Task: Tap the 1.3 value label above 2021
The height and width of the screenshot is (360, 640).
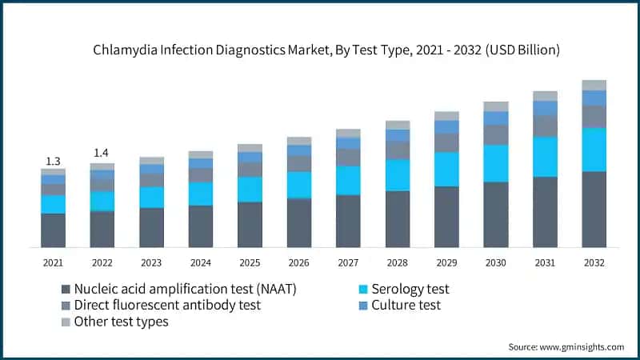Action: [x=53, y=162]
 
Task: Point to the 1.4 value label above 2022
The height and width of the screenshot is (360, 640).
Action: [x=102, y=153]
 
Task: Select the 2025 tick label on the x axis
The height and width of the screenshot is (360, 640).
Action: [x=250, y=262]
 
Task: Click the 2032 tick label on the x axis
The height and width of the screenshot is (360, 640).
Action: [x=594, y=262]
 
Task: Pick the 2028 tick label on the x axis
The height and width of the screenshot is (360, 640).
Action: [x=397, y=262]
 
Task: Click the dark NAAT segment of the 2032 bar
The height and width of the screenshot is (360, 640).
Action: [x=594, y=209]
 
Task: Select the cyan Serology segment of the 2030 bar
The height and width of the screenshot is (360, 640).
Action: [x=495, y=163]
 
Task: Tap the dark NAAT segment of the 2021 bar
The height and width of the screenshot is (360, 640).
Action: [x=53, y=230]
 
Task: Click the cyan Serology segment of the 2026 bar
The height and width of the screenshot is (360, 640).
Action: [x=299, y=185]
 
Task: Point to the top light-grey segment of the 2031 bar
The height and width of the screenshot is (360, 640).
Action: [x=545, y=96]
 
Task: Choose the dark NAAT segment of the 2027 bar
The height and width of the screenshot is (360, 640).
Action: [x=348, y=221]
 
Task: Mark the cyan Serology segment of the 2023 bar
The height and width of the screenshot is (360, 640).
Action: [x=151, y=198]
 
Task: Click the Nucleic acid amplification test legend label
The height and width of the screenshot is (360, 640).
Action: [x=185, y=289]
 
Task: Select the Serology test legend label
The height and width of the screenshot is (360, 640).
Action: [x=410, y=289]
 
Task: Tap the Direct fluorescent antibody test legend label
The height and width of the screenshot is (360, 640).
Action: [x=167, y=305]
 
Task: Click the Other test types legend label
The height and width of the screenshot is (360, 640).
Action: [x=121, y=322]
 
